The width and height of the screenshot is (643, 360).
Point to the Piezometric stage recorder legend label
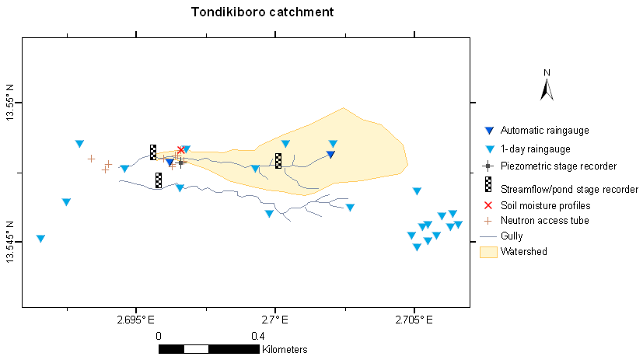click(558, 166)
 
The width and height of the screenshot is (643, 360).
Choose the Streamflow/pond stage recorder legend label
click(569, 189)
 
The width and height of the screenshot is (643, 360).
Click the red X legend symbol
click(488, 205)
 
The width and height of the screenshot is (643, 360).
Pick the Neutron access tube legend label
click(544, 221)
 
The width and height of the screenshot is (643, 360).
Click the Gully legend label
click(512, 236)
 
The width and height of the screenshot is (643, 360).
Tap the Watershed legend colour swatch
click(488, 251)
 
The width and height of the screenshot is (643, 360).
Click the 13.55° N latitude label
click(10, 103)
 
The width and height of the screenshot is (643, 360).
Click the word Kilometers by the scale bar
click(285, 350)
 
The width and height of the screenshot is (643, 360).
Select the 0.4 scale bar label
click(258, 336)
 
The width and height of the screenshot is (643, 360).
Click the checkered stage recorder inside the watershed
click(278, 161)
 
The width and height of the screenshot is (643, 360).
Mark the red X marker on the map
click(181, 149)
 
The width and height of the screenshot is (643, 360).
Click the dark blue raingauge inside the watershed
click(330, 154)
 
